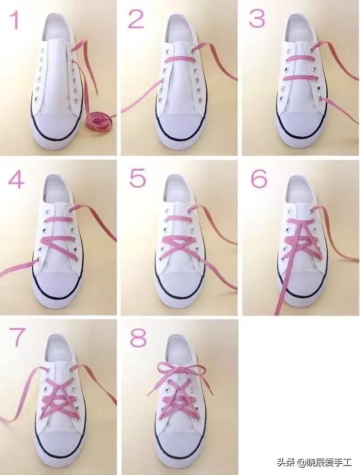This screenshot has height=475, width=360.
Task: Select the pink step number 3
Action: [257, 18]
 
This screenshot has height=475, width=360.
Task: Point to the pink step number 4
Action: [16, 179]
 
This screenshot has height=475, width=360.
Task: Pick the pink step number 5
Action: [137, 178]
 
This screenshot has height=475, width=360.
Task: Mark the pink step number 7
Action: [16, 338]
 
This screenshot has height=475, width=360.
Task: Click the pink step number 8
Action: [138, 337]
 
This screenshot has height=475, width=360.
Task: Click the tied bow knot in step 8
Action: [180, 370]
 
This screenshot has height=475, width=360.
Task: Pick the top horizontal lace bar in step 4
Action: [58, 220]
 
